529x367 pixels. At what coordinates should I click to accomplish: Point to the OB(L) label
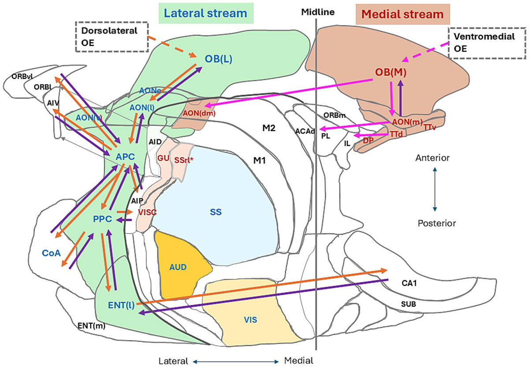pos(218,59)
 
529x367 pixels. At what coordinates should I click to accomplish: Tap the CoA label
pos(51,253)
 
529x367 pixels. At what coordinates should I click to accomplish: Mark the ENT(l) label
pos(120,304)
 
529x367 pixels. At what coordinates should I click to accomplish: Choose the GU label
pos(164,157)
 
